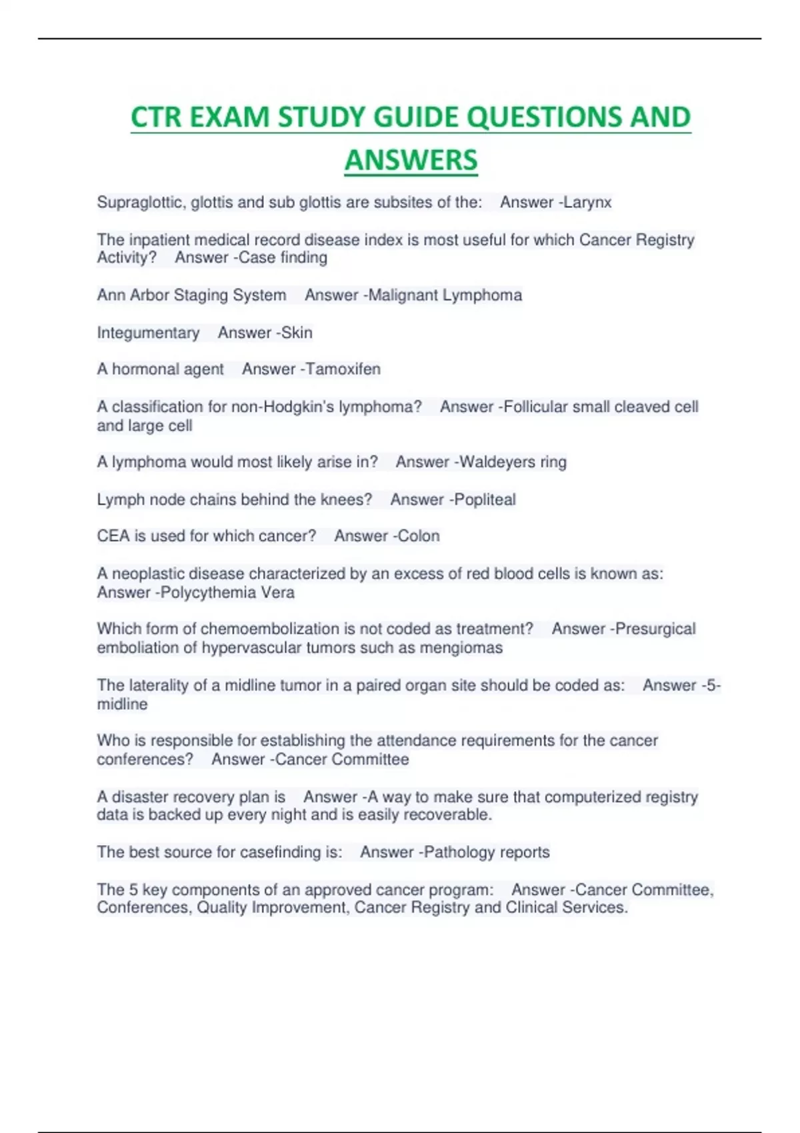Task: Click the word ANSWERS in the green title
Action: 411,160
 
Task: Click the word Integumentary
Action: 148,333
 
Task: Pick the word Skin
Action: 297,333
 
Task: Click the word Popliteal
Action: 485,500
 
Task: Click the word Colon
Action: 419,536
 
